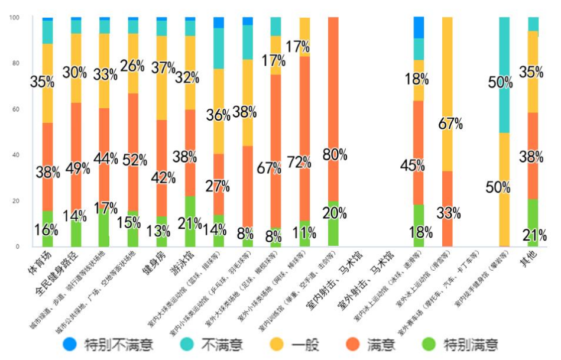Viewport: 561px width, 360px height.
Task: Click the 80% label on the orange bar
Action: (335, 155)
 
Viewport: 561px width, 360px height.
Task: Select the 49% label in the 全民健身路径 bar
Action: (78, 168)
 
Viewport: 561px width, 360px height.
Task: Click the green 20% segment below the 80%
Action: (333, 228)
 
